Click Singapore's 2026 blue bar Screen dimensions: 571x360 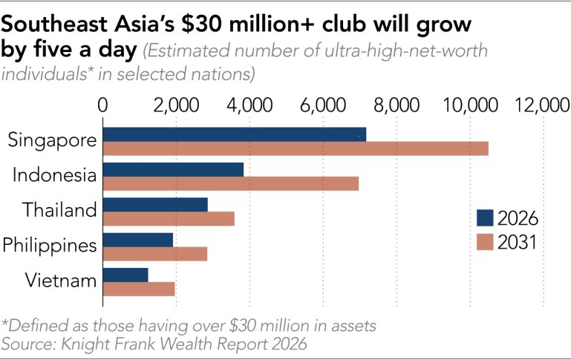pyautogui.click(x=235, y=134)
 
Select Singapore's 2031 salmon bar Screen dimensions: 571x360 pyautogui.click(x=296, y=149)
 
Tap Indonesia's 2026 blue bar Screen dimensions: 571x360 pyautogui.click(x=173, y=170)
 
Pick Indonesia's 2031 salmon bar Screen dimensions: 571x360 pyautogui.click(x=231, y=184)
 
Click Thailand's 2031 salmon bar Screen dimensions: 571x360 pyautogui.click(x=169, y=219)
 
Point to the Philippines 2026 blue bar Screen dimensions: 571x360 pyautogui.click(x=138, y=240)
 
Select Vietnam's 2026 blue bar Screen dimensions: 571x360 pyautogui.click(x=125, y=275)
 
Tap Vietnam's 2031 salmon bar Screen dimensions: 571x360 pyautogui.click(x=139, y=289)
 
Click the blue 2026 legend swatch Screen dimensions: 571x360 pyautogui.click(x=485, y=217)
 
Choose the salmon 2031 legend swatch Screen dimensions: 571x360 pyautogui.click(x=485, y=242)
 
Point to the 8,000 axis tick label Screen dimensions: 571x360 pyautogui.click(x=397, y=105)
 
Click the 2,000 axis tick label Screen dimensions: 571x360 pyautogui.click(x=176, y=105)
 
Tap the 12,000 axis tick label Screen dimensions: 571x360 pyautogui.click(x=543, y=105)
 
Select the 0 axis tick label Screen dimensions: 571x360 pyautogui.click(x=102, y=105)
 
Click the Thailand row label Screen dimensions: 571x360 pyautogui.click(x=59, y=210)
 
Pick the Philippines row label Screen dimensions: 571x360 pyautogui.click(x=50, y=246)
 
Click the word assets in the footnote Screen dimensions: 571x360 pyautogui.click(x=353, y=326)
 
